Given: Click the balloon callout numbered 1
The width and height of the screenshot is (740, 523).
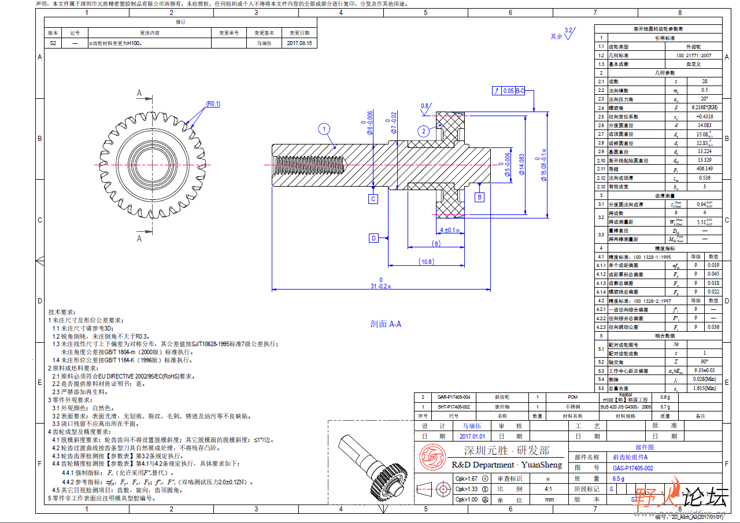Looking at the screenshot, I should tap(325, 129).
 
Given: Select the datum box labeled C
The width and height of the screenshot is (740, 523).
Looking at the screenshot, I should tap(373, 199).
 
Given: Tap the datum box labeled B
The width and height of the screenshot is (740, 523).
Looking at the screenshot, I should tap(479, 197).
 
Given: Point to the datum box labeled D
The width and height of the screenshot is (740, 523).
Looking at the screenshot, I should tap(373, 238).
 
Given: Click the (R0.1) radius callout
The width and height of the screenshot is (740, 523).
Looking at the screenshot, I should tap(213, 104).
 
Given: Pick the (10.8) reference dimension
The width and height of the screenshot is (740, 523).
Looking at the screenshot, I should tap(426, 262).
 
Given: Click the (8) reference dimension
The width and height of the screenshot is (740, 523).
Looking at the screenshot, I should tap(436, 244).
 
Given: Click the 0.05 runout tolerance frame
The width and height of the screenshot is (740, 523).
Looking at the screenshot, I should tap(508, 91).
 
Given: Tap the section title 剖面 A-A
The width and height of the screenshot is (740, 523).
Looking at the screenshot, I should tap(386, 324).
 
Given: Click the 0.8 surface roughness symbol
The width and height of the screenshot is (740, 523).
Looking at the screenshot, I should tap(425, 106).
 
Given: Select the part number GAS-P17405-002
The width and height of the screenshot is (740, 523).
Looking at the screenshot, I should tap(633, 468).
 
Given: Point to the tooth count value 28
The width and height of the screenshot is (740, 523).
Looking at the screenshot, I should tap(705, 81).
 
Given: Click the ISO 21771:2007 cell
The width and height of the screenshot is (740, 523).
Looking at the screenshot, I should tap(693, 55).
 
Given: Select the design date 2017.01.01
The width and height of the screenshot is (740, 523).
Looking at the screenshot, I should tap(472, 436).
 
